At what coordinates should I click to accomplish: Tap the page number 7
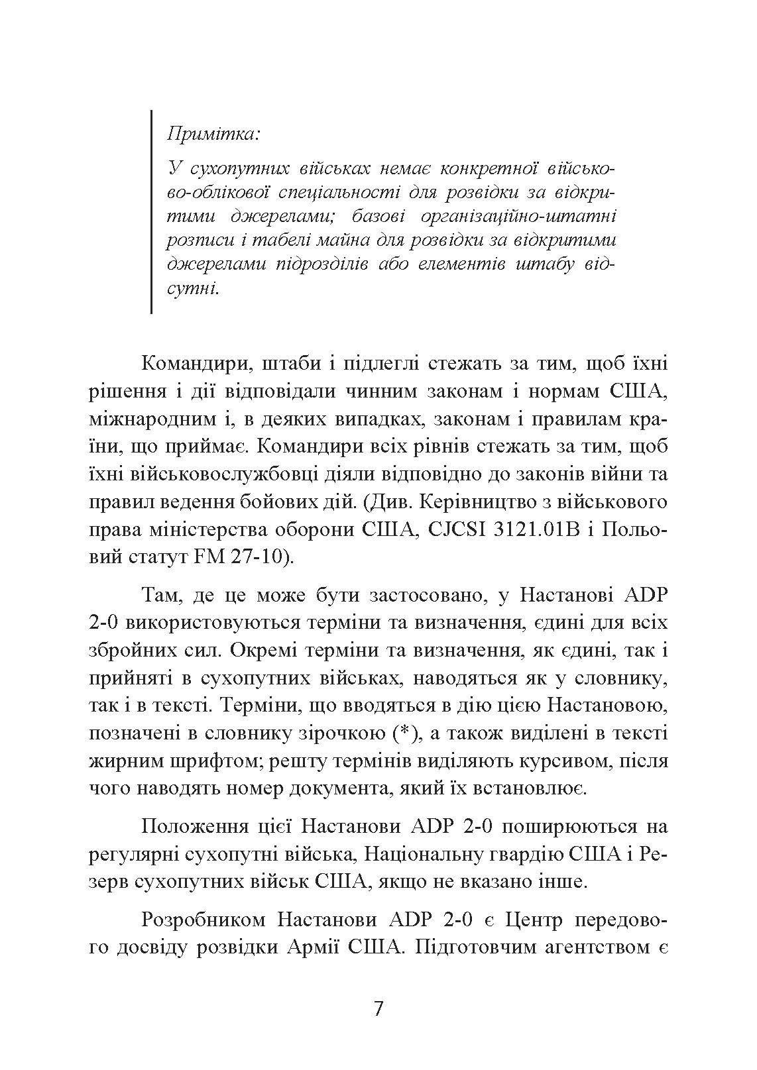(x=378, y=1008)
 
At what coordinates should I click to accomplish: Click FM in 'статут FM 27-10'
(x=207, y=559)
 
